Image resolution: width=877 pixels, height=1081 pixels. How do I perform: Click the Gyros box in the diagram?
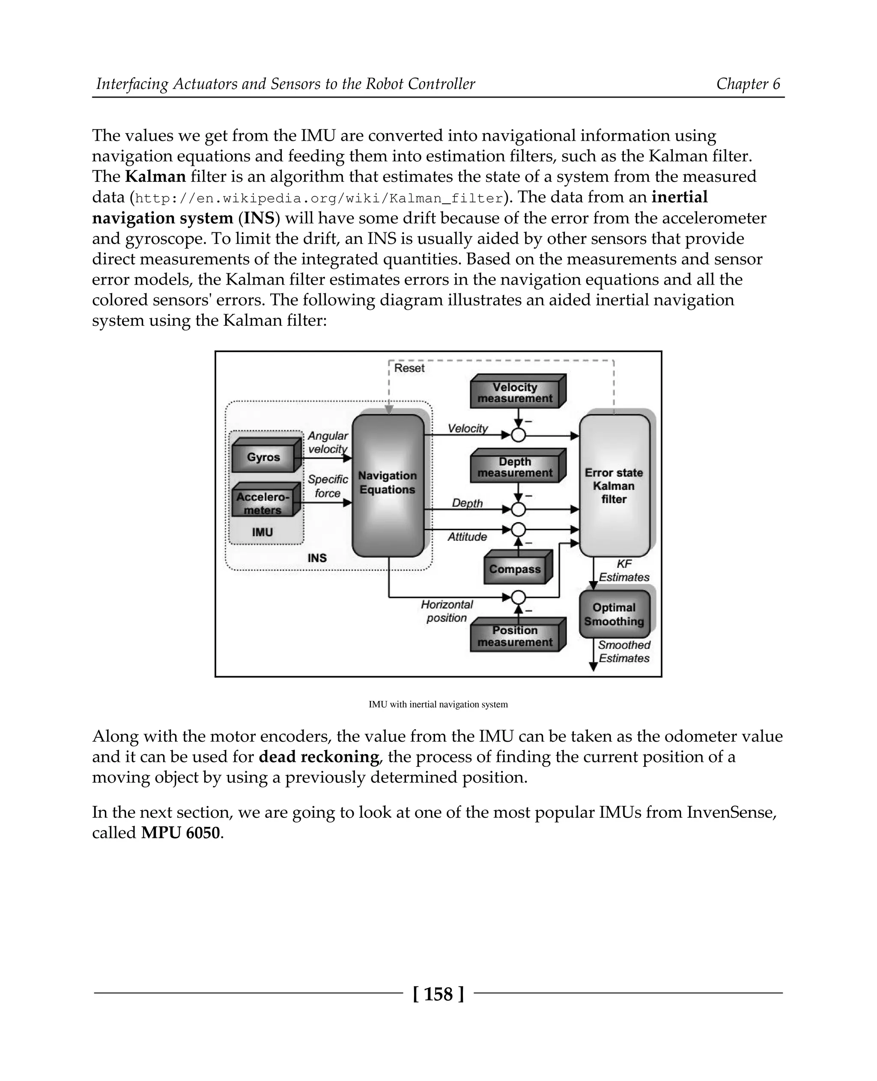coord(263,457)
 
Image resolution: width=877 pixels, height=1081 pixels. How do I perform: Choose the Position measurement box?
coord(515,637)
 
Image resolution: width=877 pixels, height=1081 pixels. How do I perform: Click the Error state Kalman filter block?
coord(614,486)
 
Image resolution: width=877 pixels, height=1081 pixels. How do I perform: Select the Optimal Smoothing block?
coord(614,615)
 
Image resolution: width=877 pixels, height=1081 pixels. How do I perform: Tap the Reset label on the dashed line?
coord(409,368)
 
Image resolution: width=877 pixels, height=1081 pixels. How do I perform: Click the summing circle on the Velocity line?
coord(518,435)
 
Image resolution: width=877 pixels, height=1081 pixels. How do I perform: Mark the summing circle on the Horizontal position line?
coord(518,597)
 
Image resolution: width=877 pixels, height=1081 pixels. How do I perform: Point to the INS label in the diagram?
coord(317,558)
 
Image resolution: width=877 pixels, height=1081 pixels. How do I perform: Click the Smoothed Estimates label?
coord(624,652)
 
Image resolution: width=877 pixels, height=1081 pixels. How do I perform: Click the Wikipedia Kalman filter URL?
coord(319,199)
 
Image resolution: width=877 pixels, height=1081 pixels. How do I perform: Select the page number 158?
coord(438,994)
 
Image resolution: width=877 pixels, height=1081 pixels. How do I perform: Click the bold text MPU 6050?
coord(181,833)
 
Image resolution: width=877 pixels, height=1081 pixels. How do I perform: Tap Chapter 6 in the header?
coord(748,84)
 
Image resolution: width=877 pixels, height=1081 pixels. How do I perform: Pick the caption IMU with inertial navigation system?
coord(438,704)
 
